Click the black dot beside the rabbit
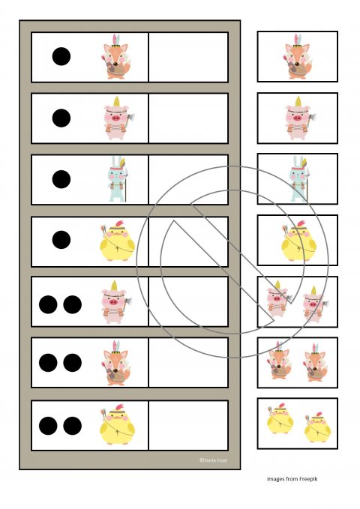click(61, 179)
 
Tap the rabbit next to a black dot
click(117, 179)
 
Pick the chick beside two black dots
click(117, 425)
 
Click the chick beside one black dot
click(117, 241)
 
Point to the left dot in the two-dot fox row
click(48, 363)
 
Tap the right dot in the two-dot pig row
click(73, 304)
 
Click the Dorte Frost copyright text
click(213, 460)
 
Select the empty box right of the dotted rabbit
click(188, 179)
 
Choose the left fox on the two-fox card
click(280, 361)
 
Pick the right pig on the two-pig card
click(315, 304)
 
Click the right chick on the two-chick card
click(317, 427)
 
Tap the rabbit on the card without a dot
click(299, 179)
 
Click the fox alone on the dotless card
click(297, 57)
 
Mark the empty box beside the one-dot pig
click(188, 118)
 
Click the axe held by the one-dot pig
click(130, 118)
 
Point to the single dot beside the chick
click(61, 240)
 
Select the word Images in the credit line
click(274, 479)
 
